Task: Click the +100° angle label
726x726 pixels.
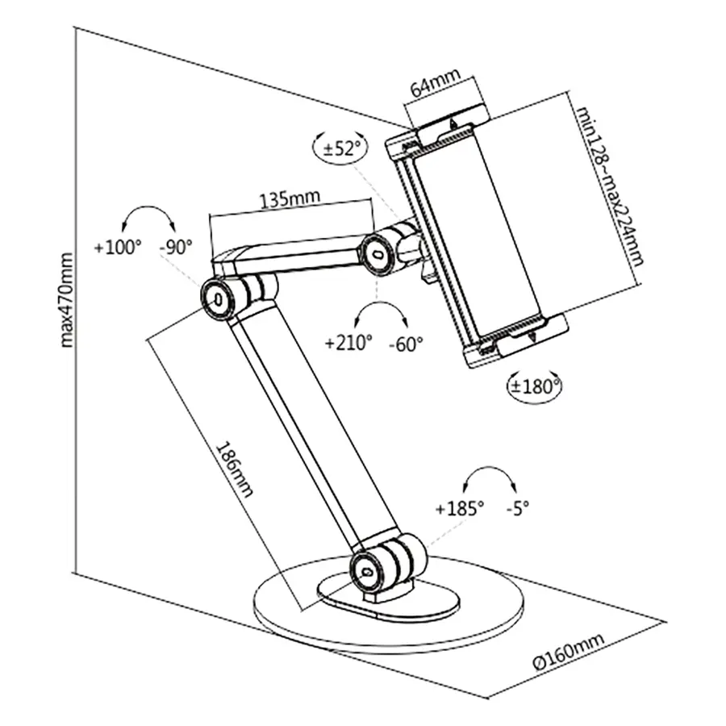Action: pyautogui.click(x=117, y=248)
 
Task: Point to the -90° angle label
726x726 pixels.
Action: pyautogui.click(x=175, y=248)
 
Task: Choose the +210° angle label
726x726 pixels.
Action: pyautogui.click(x=348, y=343)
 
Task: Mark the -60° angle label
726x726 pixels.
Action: pyautogui.click(x=405, y=343)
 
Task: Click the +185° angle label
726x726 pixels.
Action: pyautogui.click(x=459, y=509)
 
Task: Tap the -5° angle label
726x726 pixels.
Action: pyautogui.click(x=518, y=509)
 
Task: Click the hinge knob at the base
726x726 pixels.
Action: pyautogui.click(x=367, y=570)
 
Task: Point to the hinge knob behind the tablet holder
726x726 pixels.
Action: pyautogui.click(x=380, y=252)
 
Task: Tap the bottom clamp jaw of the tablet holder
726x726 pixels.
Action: pyautogui.click(x=516, y=342)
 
